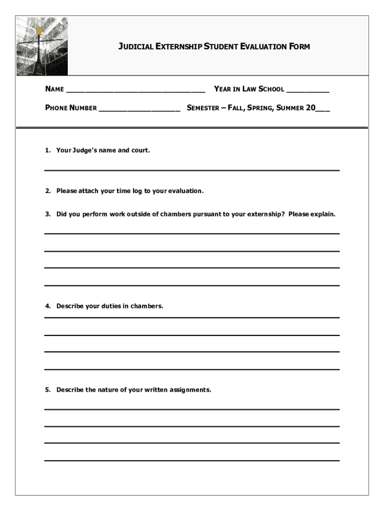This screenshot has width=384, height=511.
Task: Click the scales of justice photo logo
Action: coord(41,46)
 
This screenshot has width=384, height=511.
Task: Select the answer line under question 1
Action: coord(192,170)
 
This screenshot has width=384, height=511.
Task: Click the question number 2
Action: coord(47,191)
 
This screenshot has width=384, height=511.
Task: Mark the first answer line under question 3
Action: coord(192,233)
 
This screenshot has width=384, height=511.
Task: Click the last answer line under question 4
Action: coord(192,369)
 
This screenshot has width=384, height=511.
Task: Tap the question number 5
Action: coord(47,390)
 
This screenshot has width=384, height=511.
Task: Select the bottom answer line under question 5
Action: coord(192,460)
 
